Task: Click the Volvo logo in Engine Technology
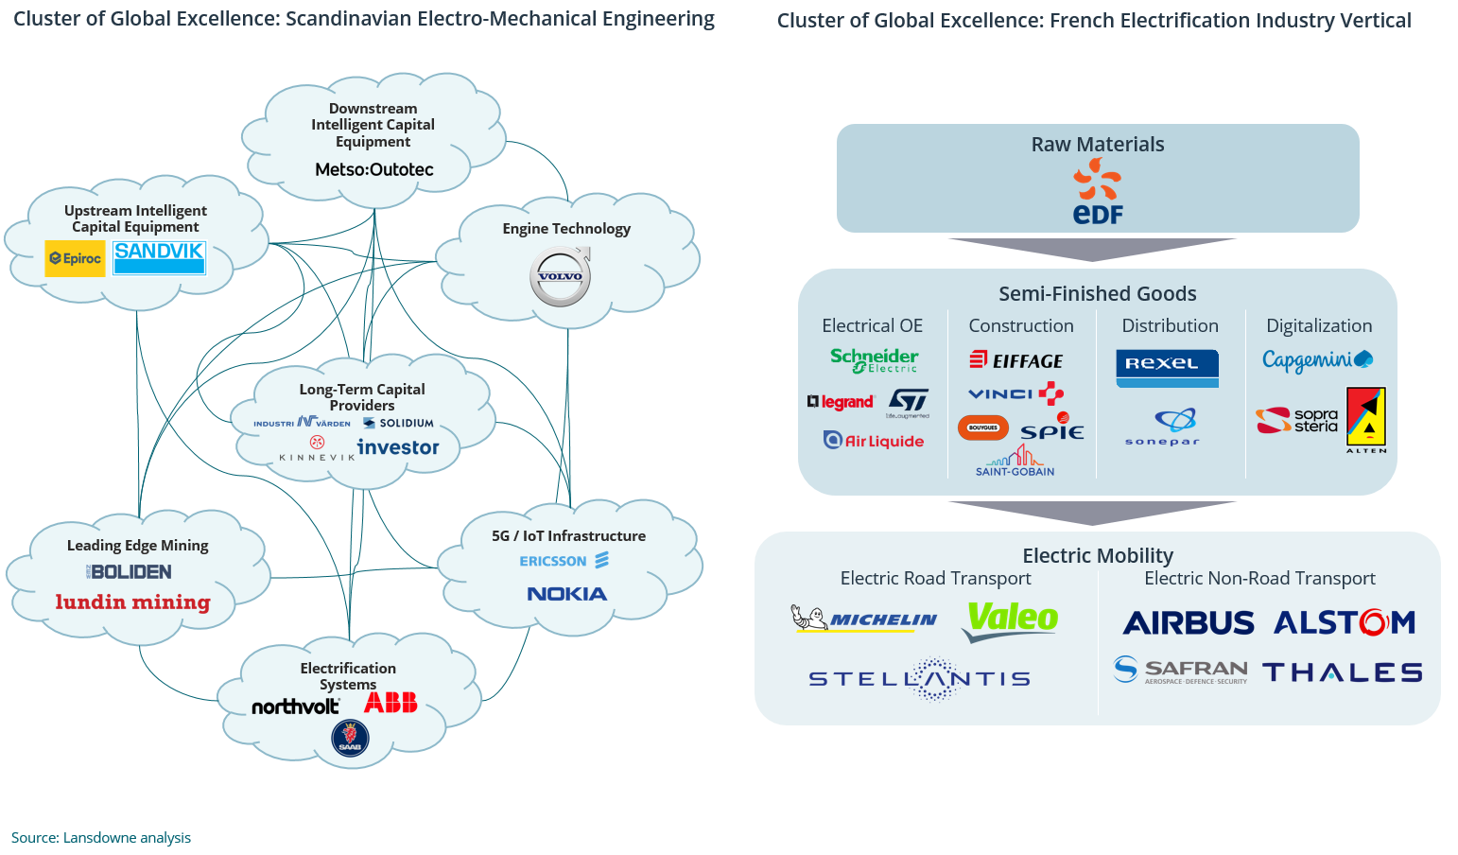561,276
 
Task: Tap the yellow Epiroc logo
75,258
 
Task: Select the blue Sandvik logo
159,257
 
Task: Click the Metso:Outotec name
374,169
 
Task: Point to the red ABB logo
391,703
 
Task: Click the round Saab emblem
350,738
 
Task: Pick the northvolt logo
295,706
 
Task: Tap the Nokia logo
566,594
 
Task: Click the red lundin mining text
132,602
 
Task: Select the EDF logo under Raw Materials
1098,192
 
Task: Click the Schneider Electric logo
875,360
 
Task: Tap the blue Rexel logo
1167,368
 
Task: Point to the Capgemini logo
1316,360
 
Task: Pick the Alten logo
1366,420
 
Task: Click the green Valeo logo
1011,619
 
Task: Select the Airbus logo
1189,623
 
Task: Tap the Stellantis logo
920,678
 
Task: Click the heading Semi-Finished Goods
1097,294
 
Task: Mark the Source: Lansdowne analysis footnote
101,838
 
